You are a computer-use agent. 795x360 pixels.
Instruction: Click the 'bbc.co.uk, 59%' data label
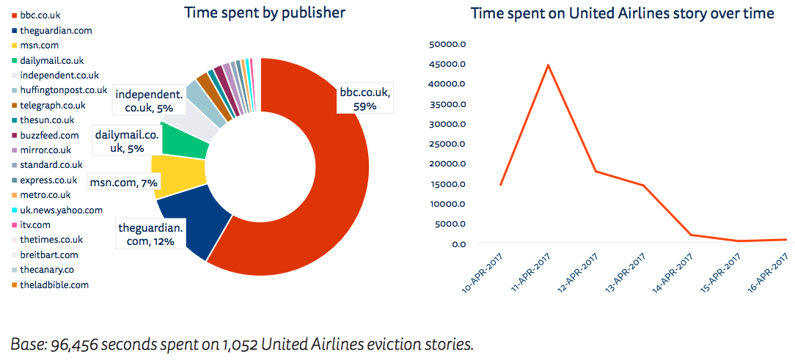364,100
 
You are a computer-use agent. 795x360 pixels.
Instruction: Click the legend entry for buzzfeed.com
49,135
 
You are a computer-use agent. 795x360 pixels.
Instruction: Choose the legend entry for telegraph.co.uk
53,105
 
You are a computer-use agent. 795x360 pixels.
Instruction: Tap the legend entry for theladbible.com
54,284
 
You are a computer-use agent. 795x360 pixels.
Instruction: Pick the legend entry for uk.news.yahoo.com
61,210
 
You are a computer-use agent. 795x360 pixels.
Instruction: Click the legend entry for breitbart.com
50,254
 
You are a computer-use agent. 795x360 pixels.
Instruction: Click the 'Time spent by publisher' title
265,12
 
